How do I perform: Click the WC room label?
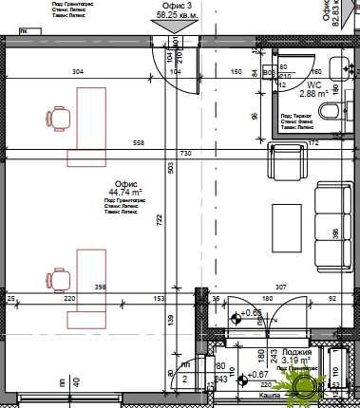click(x=287, y=84)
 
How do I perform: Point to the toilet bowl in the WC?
click(x=329, y=113)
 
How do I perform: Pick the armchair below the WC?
click(x=288, y=163)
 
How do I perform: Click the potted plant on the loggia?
click(x=308, y=385)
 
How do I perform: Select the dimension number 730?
click(x=186, y=154)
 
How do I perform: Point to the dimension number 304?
click(x=78, y=72)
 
